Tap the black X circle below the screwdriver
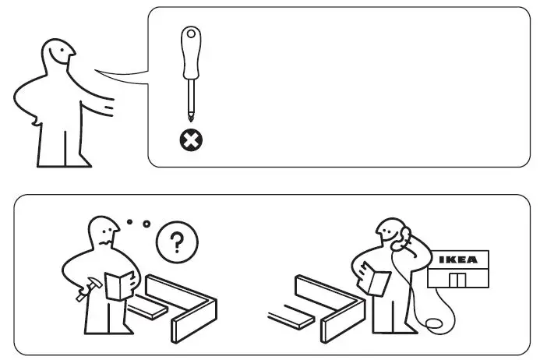(x=190, y=140)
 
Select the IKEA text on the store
(x=458, y=259)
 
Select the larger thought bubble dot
(x=146, y=225)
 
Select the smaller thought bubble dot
(x=129, y=221)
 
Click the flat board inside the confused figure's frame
(x=150, y=309)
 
